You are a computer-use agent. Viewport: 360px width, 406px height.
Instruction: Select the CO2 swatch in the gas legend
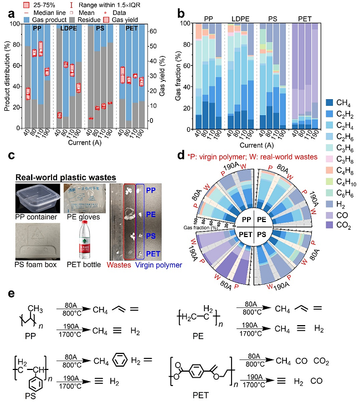tap(330, 225)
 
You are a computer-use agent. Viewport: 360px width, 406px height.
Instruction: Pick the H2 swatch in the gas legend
tap(330, 203)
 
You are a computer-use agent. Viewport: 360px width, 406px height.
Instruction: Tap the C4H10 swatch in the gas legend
tap(330, 180)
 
